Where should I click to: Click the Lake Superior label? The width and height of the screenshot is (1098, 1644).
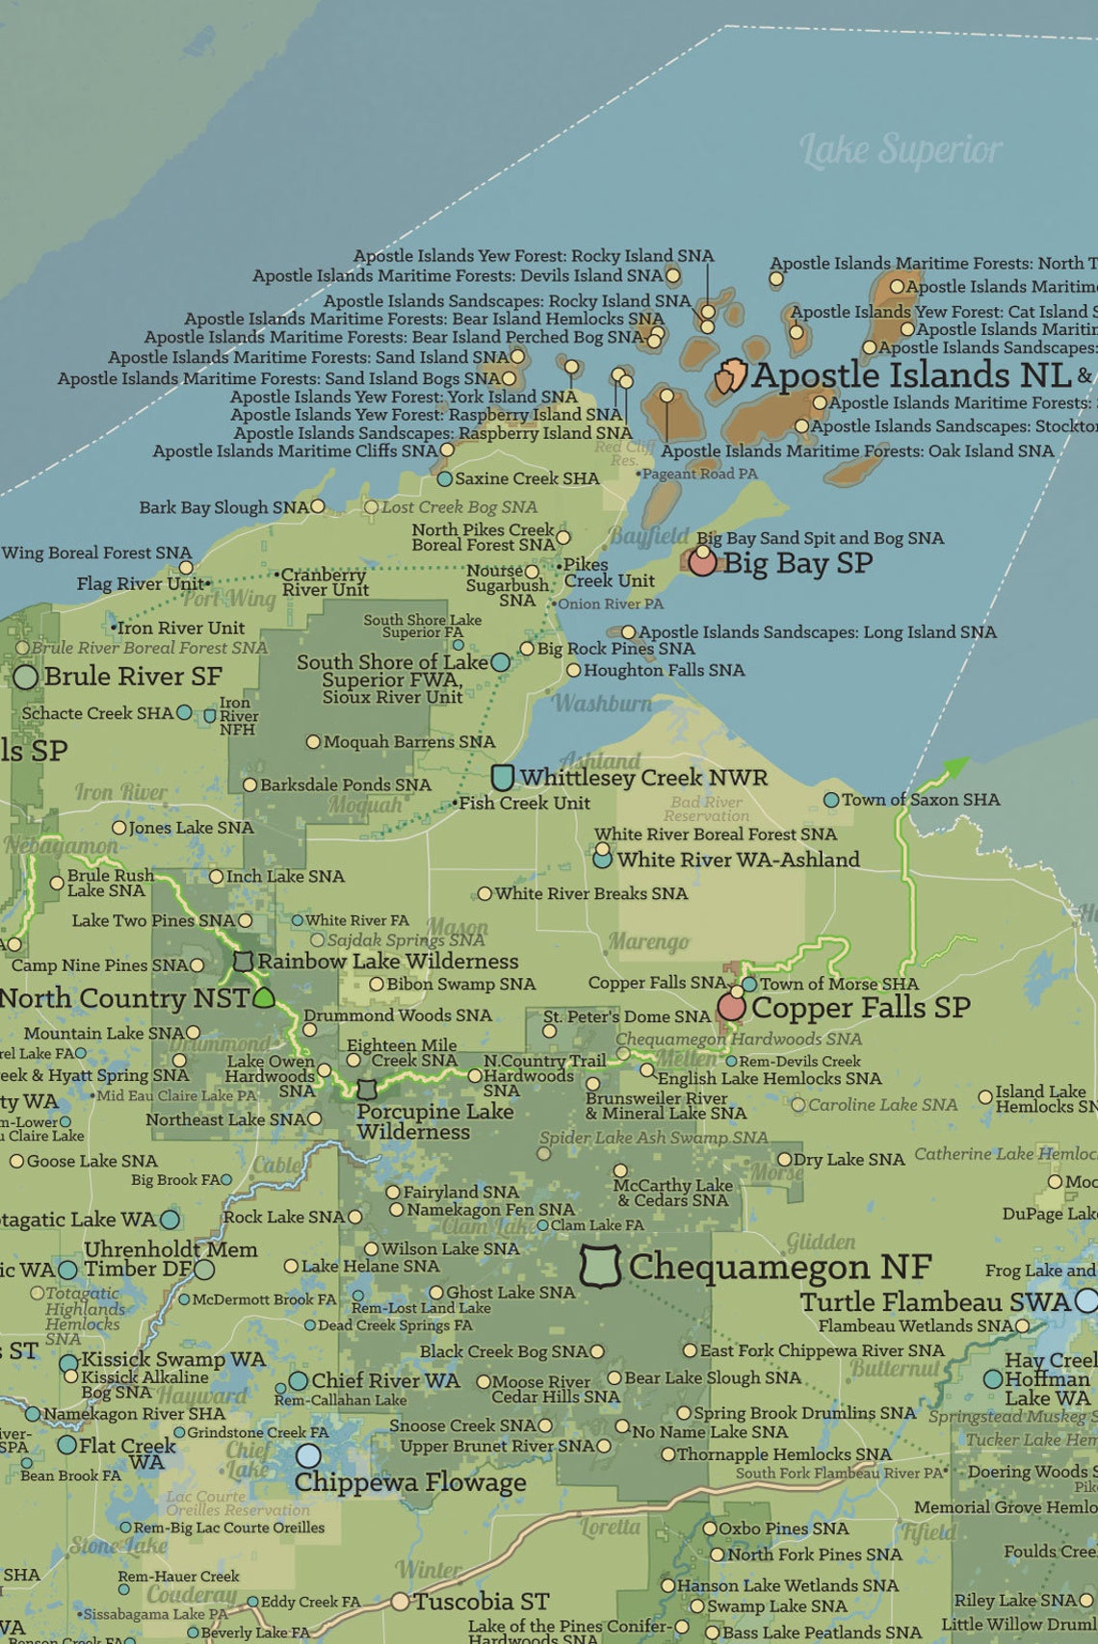(901, 150)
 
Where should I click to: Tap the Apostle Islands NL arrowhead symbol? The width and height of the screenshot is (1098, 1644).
(732, 376)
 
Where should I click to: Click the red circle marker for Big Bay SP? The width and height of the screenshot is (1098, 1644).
(702, 562)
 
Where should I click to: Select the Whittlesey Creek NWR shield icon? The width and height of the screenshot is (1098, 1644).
(502, 777)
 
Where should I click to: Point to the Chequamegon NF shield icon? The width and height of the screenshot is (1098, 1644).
(599, 1266)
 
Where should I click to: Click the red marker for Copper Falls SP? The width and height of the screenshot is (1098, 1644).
(731, 1008)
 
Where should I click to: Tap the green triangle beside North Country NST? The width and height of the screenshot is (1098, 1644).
(263, 997)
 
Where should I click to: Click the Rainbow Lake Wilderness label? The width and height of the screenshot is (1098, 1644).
(387, 961)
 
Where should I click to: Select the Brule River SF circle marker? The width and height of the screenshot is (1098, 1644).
(26, 677)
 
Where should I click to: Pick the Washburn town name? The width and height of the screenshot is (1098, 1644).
(603, 704)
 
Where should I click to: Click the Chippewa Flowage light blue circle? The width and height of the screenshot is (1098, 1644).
(308, 1455)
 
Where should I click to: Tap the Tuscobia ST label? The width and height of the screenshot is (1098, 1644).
(481, 1602)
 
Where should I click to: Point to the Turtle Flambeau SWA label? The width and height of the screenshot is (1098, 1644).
(934, 1302)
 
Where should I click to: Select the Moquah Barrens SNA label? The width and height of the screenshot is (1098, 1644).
(408, 742)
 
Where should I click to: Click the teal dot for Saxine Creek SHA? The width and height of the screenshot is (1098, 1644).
(444, 478)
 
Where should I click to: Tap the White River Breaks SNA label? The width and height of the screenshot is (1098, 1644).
(590, 893)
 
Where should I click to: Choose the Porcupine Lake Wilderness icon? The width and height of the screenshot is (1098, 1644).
(367, 1090)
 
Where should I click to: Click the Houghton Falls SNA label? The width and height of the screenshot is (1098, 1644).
(664, 670)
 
